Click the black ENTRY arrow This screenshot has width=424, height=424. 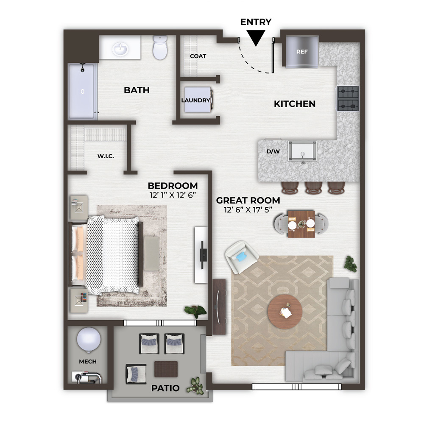(x=256, y=38)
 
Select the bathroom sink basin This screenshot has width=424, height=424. (x=120, y=49)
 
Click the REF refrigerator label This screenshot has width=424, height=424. (x=302, y=52)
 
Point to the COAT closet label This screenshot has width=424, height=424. (x=198, y=56)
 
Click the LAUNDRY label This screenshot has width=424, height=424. (x=195, y=100)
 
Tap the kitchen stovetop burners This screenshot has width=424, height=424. (x=348, y=99)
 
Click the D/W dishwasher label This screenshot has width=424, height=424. (x=273, y=151)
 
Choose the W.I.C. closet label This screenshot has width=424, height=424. (x=106, y=156)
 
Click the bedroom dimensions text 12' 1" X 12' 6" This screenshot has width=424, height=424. (x=173, y=195)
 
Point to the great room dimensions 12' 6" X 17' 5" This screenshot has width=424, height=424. (x=248, y=209)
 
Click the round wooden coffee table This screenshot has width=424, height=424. (x=285, y=312)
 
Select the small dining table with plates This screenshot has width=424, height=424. (x=301, y=224)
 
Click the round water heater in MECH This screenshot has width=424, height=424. (x=89, y=340)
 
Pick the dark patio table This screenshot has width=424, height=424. (x=166, y=369)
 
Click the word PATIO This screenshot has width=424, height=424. (x=165, y=388)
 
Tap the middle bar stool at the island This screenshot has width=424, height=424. (x=314, y=188)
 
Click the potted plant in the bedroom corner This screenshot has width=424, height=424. (x=195, y=311)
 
